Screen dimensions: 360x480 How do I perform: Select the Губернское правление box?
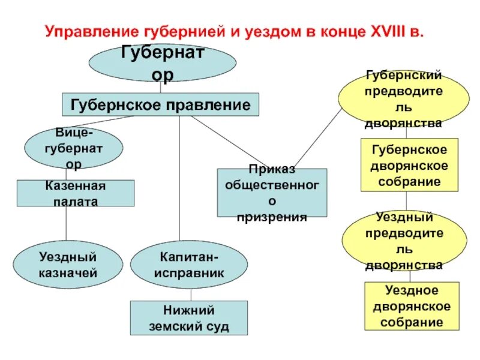pyautogui.click(x=160, y=104)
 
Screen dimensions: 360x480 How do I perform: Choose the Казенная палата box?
pyautogui.click(x=76, y=193)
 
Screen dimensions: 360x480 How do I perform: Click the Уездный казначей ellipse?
pyautogui.click(x=67, y=266)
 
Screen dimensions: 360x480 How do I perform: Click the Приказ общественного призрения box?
pyautogui.click(x=272, y=193)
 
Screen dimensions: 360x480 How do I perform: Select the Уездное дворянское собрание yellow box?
pyautogui.click(x=411, y=306)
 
